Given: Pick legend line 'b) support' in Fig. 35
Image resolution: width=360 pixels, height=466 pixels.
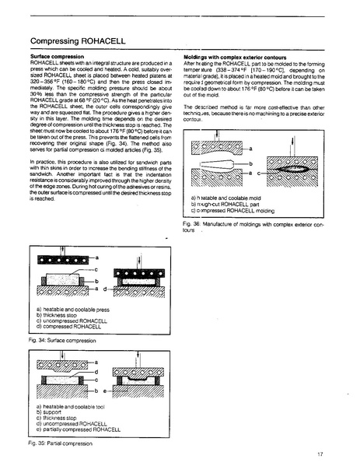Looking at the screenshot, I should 55,412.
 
